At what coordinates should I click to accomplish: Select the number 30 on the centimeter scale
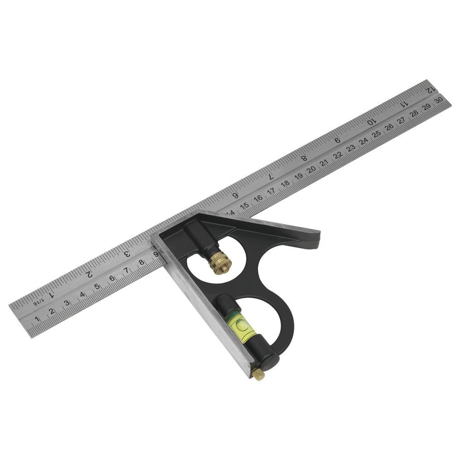(438, 101)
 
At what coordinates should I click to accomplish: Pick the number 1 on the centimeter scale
(37, 319)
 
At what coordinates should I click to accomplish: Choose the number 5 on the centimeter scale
(97, 286)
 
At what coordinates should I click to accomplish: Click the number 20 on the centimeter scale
(311, 170)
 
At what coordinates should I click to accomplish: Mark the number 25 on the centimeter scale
(376, 134)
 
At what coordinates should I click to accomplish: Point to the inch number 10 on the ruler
(371, 121)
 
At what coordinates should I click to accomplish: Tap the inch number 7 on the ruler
(271, 177)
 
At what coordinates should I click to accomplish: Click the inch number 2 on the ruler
(90, 274)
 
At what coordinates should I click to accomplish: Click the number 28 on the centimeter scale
(414, 114)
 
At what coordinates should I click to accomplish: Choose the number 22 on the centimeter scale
(337, 155)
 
